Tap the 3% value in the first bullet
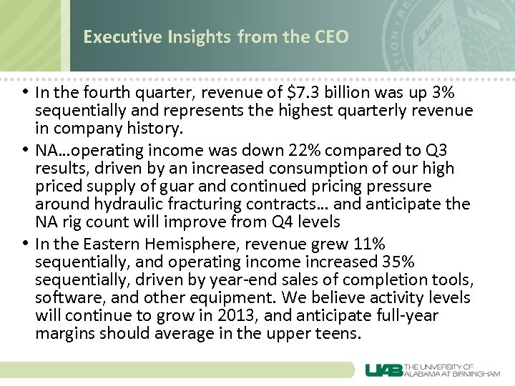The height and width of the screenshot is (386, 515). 445,94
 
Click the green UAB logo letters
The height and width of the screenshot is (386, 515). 384,370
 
